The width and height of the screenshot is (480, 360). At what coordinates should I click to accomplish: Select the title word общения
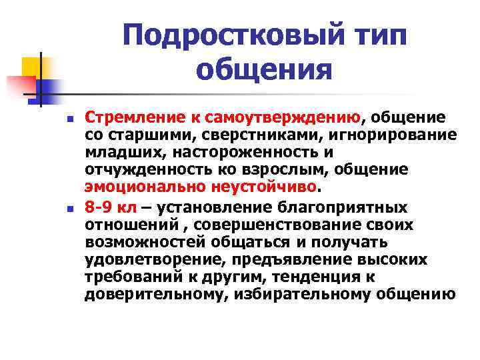pos(265,69)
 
